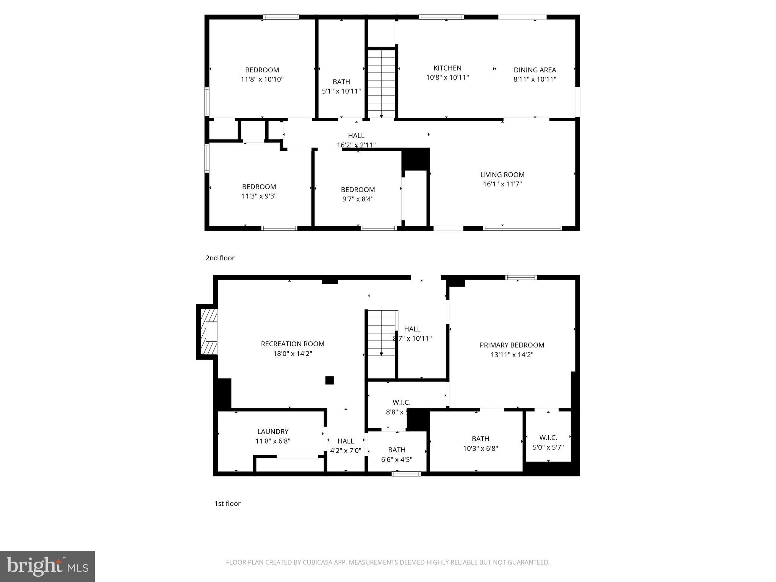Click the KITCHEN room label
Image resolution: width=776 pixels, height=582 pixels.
point(447,68)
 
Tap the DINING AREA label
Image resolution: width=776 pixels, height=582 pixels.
point(535,70)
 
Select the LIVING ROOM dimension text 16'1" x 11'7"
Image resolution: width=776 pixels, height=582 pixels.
point(502,184)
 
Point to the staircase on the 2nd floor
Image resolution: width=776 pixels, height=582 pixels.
point(381,83)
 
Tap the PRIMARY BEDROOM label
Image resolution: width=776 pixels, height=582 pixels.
point(512,345)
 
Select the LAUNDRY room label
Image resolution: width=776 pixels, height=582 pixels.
point(273,432)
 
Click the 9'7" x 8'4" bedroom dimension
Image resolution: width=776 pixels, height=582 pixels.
point(358,199)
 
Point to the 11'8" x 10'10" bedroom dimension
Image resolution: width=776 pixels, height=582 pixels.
point(262,80)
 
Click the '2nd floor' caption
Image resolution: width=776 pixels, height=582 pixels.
point(220,258)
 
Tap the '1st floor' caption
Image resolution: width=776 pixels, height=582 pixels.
point(227,504)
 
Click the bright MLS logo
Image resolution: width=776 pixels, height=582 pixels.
point(47,566)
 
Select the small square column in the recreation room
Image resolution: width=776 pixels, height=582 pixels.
point(329,380)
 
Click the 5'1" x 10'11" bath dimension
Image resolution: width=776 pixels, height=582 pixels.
point(341,91)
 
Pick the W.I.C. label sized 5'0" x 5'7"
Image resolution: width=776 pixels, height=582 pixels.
point(548,438)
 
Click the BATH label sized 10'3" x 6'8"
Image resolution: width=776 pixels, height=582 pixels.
point(480,439)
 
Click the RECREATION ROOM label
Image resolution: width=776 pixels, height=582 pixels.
point(293,344)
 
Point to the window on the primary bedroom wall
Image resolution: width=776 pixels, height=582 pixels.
point(521,278)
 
